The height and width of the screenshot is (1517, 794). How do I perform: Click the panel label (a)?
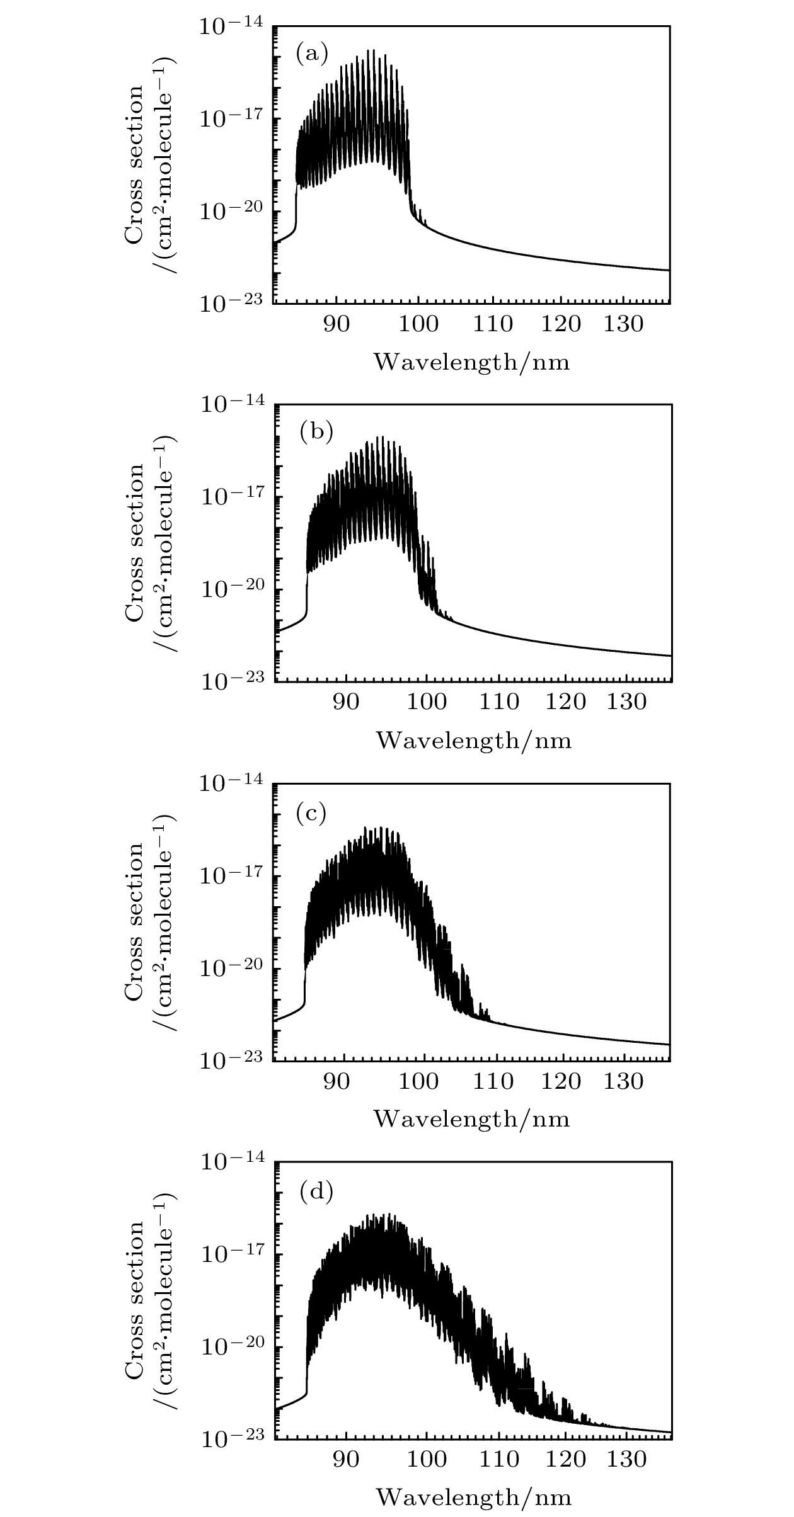[312, 55]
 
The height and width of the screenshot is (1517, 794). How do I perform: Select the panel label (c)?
[311, 814]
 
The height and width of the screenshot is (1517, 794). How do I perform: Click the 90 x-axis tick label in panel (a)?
[337, 324]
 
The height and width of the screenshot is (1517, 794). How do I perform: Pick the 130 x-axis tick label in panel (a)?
[623, 324]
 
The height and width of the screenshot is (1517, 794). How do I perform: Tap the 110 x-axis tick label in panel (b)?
[499, 702]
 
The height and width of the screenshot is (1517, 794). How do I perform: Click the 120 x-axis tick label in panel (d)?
[565, 1458]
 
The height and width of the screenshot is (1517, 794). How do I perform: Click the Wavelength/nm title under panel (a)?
[472, 362]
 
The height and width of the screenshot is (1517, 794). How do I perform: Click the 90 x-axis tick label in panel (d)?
[346, 1458]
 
